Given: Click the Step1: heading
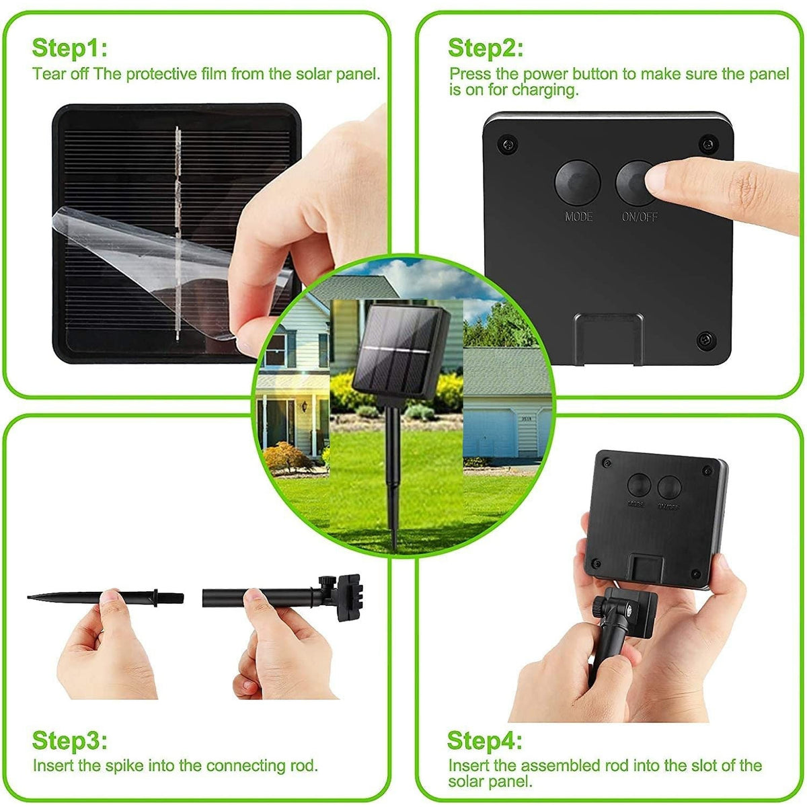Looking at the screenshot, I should pyautogui.click(x=69, y=48).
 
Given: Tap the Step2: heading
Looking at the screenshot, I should pyautogui.click(x=485, y=48).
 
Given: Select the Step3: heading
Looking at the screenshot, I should pyautogui.click(x=69, y=740).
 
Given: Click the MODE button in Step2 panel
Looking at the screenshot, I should pyautogui.click(x=577, y=182).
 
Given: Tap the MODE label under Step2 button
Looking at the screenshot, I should pyautogui.click(x=578, y=217).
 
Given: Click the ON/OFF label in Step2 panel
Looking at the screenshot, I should pyautogui.click(x=640, y=217).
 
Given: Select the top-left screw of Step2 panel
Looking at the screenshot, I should pyautogui.click(x=508, y=143).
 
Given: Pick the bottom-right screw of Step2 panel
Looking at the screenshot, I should pyautogui.click(x=705, y=338).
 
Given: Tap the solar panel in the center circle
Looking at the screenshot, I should pyautogui.click(x=400, y=353).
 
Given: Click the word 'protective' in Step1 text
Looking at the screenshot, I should pyautogui.click(x=162, y=73).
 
